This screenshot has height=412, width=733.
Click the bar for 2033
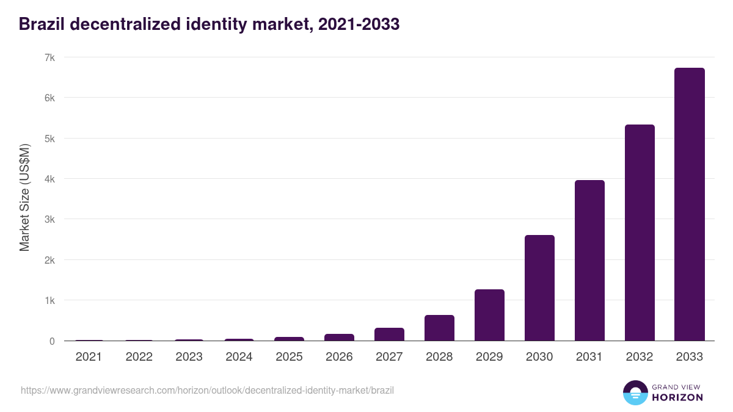click(x=689, y=204)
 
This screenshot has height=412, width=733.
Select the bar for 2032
click(x=640, y=233)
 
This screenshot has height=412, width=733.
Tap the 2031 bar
click(x=589, y=261)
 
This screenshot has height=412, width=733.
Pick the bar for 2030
click(x=539, y=288)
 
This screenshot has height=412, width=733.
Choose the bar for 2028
click(x=439, y=328)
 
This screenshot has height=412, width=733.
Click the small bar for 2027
click(x=389, y=334)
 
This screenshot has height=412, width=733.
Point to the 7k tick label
click(x=49, y=57)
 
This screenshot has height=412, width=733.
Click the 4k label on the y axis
click(x=49, y=179)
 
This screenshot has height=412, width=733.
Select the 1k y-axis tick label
click(x=49, y=300)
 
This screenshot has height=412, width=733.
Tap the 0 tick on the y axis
click(x=52, y=341)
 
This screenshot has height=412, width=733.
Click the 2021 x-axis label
click(x=89, y=357)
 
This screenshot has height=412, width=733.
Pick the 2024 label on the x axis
click(x=239, y=357)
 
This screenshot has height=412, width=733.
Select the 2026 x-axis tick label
click(x=339, y=357)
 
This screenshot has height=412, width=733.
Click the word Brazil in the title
click(x=41, y=24)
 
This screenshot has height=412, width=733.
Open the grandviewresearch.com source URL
click(x=207, y=390)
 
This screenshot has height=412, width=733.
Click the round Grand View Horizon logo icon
click(x=635, y=392)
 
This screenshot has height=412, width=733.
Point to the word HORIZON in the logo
click(x=677, y=397)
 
